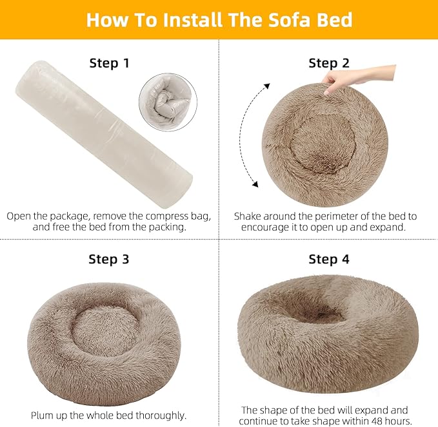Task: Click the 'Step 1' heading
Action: (x=109, y=63)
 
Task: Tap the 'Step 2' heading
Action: (x=329, y=63)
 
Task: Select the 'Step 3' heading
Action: (x=109, y=260)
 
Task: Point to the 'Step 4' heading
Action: (x=329, y=260)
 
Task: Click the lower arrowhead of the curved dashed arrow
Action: (x=255, y=185)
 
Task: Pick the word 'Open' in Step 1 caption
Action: (x=19, y=216)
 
